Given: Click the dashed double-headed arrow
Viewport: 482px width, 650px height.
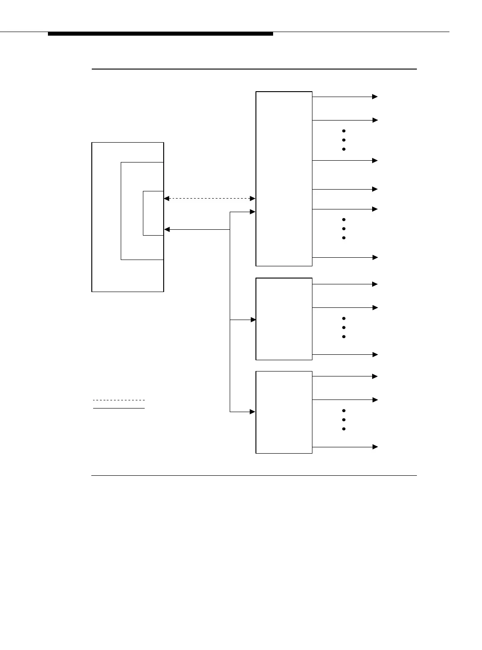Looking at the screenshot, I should pyautogui.click(x=209, y=199).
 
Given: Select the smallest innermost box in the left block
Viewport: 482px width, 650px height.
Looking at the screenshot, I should pyautogui.click(x=153, y=214).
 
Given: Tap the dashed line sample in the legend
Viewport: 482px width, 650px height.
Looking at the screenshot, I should pyautogui.click(x=119, y=400).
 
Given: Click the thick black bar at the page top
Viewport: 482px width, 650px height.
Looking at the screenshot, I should pyautogui.click(x=161, y=34).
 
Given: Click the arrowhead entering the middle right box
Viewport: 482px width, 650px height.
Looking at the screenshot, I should pyautogui.click(x=253, y=320).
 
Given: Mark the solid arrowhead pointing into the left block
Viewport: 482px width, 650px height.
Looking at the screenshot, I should pyautogui.click(x=167, y=230).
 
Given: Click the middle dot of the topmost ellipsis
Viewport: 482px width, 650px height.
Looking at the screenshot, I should pyautogui.click(x=344, y=140).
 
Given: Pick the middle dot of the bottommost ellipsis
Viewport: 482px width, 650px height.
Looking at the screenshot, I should pyautogui.click(x=344, y=420).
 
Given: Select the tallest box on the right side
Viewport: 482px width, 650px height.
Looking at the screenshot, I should pyautogui.click(x=284, y=179).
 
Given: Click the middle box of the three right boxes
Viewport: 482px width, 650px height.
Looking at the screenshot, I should pyautogui.click(x=284, y=319).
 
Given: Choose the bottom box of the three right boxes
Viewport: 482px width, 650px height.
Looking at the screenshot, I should pyautogui.click(x=284, y=412).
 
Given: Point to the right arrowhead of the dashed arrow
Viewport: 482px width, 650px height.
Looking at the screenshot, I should pyautogui.click(x=253, y=199).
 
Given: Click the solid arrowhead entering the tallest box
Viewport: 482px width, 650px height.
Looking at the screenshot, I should pyautogui.click(x=253, y=212).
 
